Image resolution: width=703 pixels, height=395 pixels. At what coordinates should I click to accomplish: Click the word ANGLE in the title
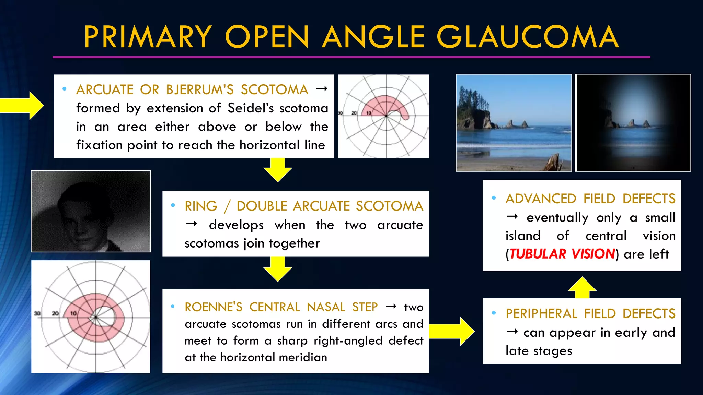click(x=373, y=37)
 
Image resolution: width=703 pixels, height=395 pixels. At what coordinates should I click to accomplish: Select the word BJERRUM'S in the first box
click(x=199, y=90)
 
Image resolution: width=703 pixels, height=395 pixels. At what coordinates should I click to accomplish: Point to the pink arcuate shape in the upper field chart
click(x=381, y=103)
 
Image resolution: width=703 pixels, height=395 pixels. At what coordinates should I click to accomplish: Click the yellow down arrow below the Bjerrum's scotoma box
click(x=278, y=169)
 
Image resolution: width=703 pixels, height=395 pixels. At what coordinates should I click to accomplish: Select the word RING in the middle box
click(x=201, y=206)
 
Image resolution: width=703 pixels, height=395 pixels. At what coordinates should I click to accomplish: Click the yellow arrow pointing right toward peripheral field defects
click(x=451, y=331)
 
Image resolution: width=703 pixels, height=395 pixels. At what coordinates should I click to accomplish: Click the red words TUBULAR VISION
click(x=562, y=254)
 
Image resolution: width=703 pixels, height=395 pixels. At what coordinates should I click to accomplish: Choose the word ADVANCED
click(x=541, y=199)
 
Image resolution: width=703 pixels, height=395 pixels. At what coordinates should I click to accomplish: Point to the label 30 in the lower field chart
click(x=37, y=313)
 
